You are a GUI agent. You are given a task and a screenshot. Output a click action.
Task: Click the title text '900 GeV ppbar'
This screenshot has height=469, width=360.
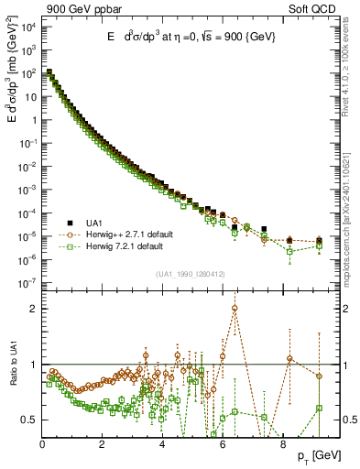pyautogui.click(x=72, y=8)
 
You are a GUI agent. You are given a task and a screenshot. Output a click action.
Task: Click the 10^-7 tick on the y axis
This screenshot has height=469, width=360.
pyautogui.click(x=27, y=283)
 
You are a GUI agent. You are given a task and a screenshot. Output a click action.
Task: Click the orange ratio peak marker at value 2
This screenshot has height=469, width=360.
pyautogui.click(x=235, y=308)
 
